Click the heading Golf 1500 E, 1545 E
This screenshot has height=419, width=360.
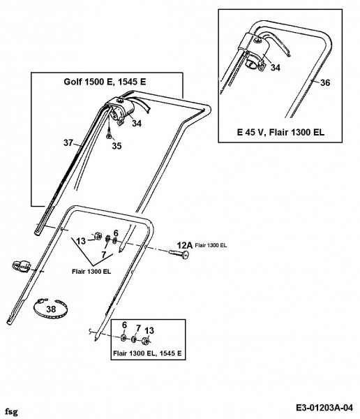point(105,82)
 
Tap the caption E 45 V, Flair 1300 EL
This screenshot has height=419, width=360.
point(280,132)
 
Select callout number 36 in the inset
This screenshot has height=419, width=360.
point(325,82)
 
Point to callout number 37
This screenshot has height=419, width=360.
point(68,142)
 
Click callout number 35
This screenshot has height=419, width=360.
point(117,146)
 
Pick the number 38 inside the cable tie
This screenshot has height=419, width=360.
point(51,309)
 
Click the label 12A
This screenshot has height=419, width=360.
point(185,245)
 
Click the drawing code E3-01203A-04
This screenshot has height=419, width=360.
point(324,408)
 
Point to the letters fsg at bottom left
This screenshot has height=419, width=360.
point(11,413)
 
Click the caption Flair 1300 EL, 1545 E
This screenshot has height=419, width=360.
point(147,353)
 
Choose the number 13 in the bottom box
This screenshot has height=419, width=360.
point(149,330)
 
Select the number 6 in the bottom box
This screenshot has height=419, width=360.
point(124,325)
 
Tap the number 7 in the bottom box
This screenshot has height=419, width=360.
point(138,328)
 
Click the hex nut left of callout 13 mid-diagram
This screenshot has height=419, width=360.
point(97,236)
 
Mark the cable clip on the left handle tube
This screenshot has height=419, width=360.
point(22,265)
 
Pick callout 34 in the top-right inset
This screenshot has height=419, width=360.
point(276,68)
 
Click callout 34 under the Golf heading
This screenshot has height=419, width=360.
point(137,123)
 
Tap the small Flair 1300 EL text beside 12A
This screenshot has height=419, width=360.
point(211,245)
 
